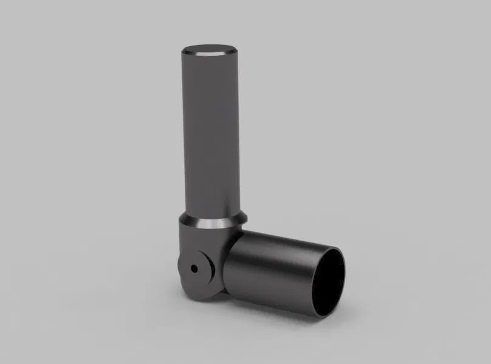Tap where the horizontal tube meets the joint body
click(228, 267)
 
